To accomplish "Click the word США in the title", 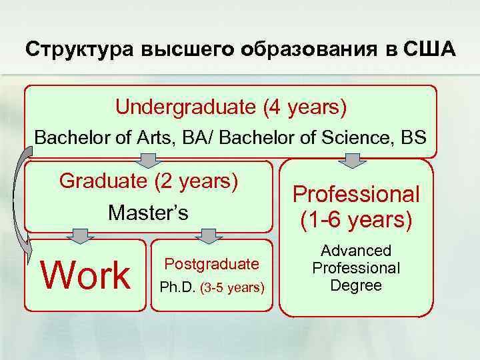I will point(430,49).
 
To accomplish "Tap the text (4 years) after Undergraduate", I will point(305,106).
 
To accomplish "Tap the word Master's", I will point(149,213).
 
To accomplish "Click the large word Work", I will point(86,275).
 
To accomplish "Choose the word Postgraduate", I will point(211,263).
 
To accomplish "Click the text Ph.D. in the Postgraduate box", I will point(175,289).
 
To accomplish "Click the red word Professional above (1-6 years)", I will point(356,194).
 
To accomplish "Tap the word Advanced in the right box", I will point(356,251).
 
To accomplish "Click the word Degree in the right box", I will point(356,285).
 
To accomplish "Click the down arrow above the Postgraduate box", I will point(209,235).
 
